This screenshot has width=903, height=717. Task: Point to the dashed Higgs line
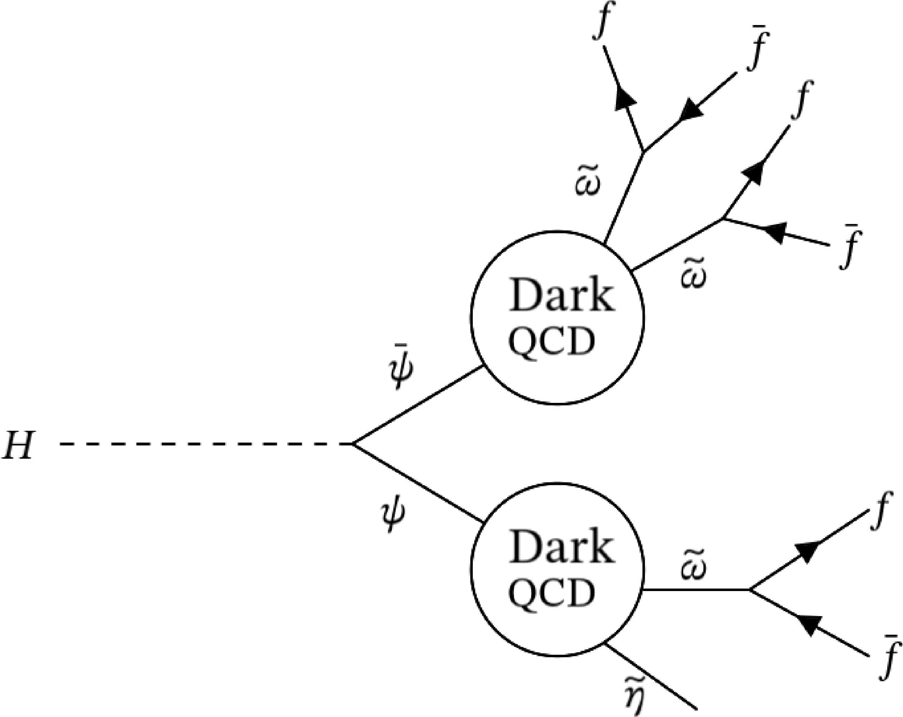(205, 443)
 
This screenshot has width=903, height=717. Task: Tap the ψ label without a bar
(394, 516)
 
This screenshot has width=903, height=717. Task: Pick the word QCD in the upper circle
(552, 341)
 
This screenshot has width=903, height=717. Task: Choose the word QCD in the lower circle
(552, 592)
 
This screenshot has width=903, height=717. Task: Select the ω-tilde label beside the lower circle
(694, 569)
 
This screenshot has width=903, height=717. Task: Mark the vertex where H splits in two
(353, 443)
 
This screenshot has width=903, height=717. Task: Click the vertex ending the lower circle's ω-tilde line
(750, 590)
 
